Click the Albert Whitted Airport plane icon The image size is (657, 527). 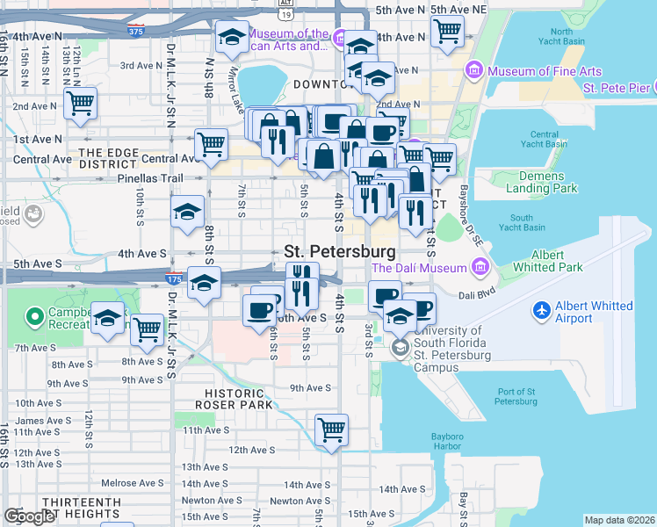543,310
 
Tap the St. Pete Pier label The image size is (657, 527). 617,88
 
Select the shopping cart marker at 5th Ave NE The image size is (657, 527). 447,32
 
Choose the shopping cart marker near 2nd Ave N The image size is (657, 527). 80,103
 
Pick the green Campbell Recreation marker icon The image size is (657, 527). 35,314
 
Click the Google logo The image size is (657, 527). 29,516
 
